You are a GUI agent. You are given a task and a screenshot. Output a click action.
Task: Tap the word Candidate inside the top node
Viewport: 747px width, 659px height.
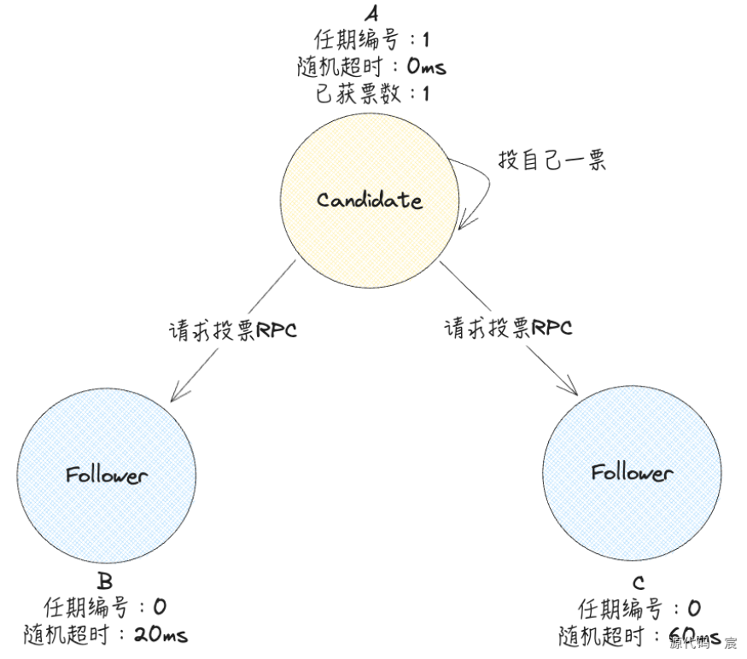(369, 201)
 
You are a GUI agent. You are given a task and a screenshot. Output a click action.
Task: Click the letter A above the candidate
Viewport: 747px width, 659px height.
(371, 15)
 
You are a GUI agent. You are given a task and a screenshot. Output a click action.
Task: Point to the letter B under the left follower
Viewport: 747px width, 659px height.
(105, 583)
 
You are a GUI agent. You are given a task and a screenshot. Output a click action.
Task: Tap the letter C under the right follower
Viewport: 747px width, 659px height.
(639, 584)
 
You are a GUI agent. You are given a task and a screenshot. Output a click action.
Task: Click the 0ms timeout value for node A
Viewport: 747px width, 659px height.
(426, 67)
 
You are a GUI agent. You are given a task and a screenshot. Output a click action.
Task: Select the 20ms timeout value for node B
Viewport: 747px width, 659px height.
(161, 634)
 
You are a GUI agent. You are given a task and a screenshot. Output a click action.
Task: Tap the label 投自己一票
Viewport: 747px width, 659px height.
(551, 160)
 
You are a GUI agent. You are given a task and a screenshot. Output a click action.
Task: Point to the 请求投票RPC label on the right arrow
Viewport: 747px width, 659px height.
(508, 328)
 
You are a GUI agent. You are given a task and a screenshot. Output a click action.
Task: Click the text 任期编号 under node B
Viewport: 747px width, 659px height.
(85, 608)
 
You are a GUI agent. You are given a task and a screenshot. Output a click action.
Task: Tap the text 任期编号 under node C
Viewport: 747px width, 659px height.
(620, 609)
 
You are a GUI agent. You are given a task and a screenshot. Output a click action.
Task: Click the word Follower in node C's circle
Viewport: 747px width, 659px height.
(632, 472)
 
